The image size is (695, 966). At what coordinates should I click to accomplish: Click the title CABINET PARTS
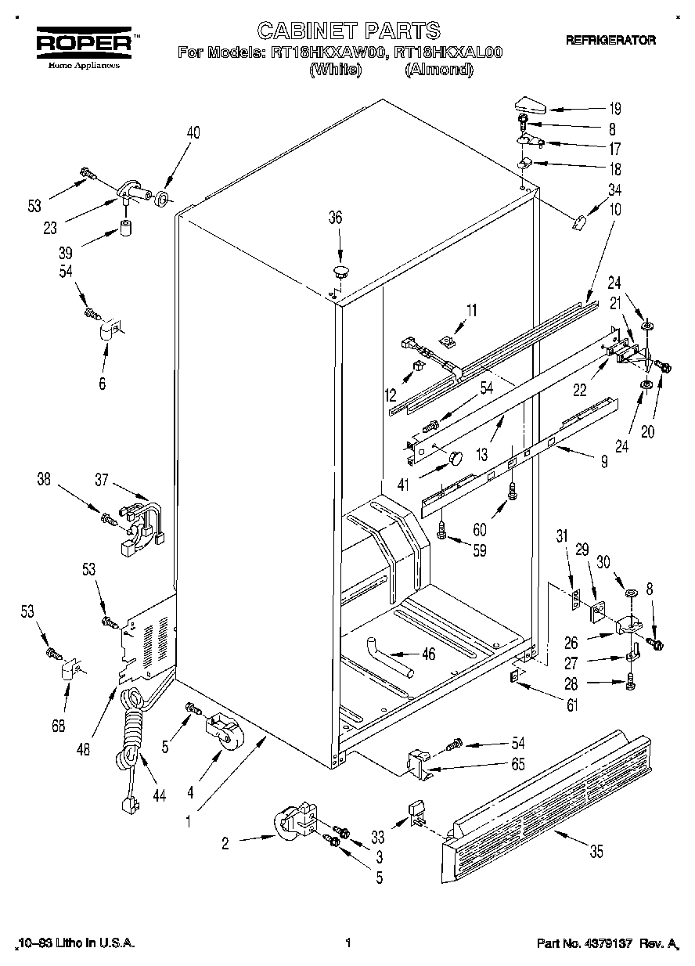tap(348, 31)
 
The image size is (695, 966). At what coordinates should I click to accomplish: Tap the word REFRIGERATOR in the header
tap(610, 40)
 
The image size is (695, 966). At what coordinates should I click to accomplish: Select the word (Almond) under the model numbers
tap(439, 70)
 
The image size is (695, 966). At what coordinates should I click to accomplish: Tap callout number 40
tap(193, 132)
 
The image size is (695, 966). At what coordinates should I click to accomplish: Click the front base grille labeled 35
tap(548, 798)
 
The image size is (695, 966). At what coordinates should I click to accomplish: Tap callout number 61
tap(572, 707)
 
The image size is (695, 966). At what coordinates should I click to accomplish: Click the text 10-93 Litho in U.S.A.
tap(76, 944)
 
